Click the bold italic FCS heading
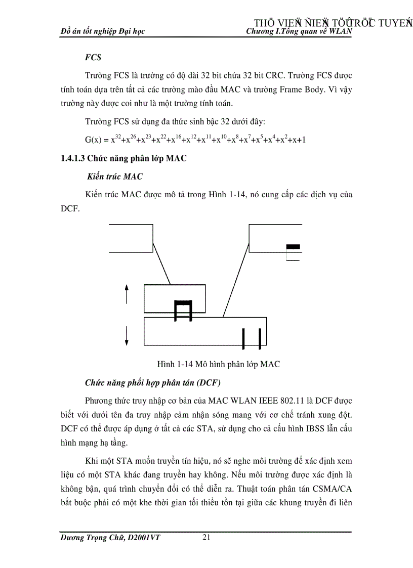pyautogui.click(x=93, y=58)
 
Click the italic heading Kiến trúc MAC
pyautogui.click(x=114, y=177)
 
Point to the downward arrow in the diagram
pyautogui.click(x=127, y=336)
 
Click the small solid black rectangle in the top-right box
pyautogui.click(x=293, y=247)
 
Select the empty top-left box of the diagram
pyautogui.click(x=131, y=237)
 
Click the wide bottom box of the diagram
pyautogui.click(x=205, y=331)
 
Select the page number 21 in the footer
pyautogui.click(x=206, y=537)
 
